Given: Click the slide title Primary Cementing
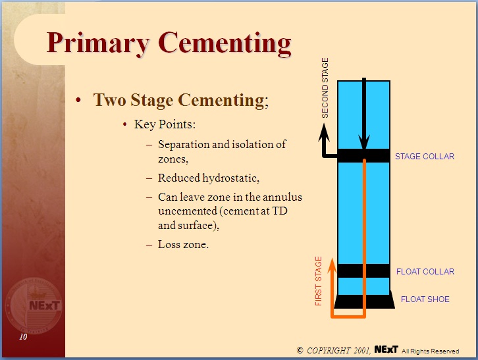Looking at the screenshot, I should tap(169, 43).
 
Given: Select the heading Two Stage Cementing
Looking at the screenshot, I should tap(179, 100).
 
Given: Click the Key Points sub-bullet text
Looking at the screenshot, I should tap(165, 124).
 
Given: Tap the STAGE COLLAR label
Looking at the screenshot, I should tap(424, 157).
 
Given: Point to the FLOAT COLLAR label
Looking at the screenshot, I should tap(425, 271).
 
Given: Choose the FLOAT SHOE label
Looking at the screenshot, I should tap(425, 299).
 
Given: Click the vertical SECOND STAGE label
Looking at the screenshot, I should tap(325, 88).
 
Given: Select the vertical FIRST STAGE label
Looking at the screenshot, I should tap(319, 281).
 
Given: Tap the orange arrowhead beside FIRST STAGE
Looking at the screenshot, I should tap(332, 266).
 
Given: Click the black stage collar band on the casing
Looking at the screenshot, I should tap(363, 156).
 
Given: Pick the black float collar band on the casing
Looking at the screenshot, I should tap(363, 270).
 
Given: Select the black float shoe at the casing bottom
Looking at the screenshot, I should tap(364, 301).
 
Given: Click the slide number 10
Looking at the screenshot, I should tap(23, 337).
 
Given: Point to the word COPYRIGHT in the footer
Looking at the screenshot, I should tap(329, 350).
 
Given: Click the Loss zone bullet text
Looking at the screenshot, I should tap(183, 244).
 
